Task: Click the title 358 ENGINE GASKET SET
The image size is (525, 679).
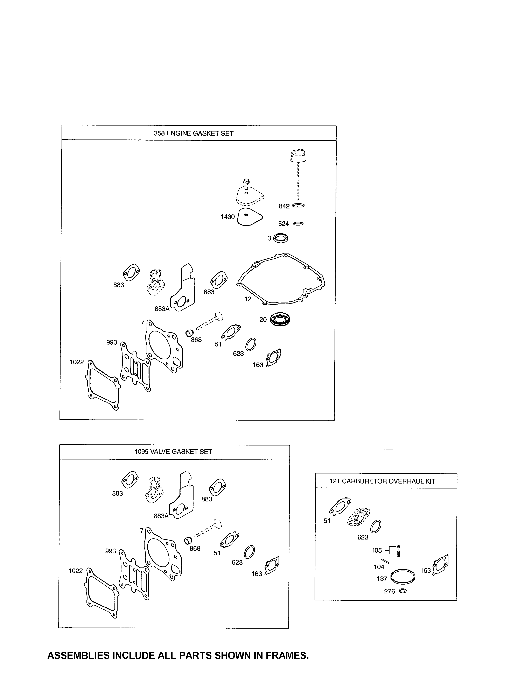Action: (x=194, y=133)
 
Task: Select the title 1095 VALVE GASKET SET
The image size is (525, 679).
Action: (x=173, y=452)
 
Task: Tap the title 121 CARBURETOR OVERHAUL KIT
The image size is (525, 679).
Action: (x=382, y=481)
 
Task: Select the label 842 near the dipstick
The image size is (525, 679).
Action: (x=284, y=206)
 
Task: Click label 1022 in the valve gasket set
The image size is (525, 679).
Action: (x=76, y=571)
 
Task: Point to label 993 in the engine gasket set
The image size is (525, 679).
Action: (x=111, y=342)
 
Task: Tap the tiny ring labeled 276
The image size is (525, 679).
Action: (x=402, y=591)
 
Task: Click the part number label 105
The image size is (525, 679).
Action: (x=376, y=550)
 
